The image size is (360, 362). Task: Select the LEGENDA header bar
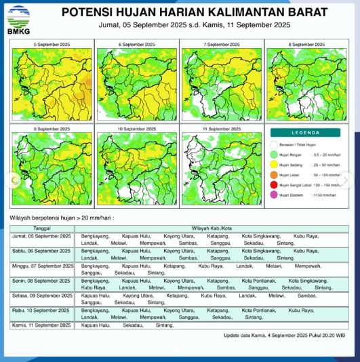coord(306,132)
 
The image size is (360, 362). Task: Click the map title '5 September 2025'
coord(52,44)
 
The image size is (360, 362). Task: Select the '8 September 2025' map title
coord(306,44)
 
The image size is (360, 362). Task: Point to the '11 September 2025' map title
coord(221,128)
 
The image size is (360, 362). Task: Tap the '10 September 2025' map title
coord(136,128)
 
